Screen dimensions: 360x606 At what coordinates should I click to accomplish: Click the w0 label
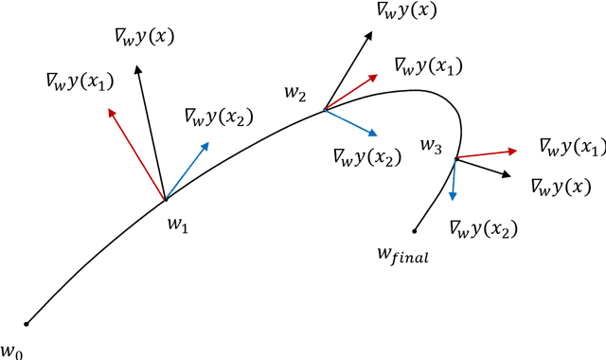tap(10, 351)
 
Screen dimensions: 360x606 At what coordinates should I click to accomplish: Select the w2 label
tap(295, 93)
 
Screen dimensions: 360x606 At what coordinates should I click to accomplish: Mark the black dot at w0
tap(27, 324)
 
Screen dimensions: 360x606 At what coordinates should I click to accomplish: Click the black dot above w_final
tap(415, 228)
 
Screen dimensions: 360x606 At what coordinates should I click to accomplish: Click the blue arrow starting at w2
tap(352, 122)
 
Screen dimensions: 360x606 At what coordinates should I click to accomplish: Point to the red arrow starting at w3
tap(487, 153)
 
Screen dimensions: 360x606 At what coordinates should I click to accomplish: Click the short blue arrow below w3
tap(454, 180)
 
